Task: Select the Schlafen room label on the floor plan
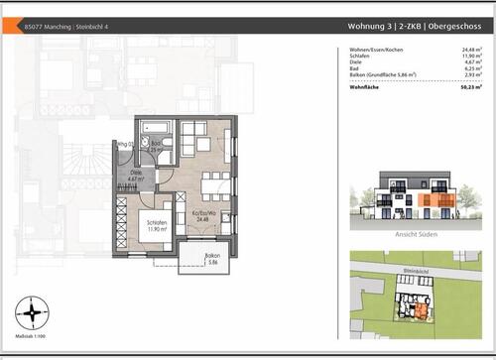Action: point(148,224)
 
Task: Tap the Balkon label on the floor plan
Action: point(211,257)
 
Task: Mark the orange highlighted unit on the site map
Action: point(422,310)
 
